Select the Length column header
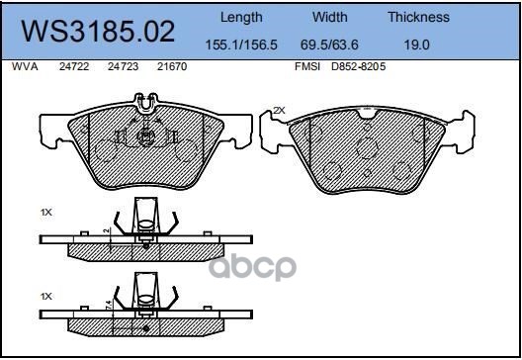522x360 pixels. (240, 17)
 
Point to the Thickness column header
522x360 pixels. (418, 17)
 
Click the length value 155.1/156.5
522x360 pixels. (240, 45)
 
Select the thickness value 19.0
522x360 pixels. (418, 45)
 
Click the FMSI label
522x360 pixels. (307, 67)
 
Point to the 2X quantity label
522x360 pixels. (279, 109)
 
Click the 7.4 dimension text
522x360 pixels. (107, 315)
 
